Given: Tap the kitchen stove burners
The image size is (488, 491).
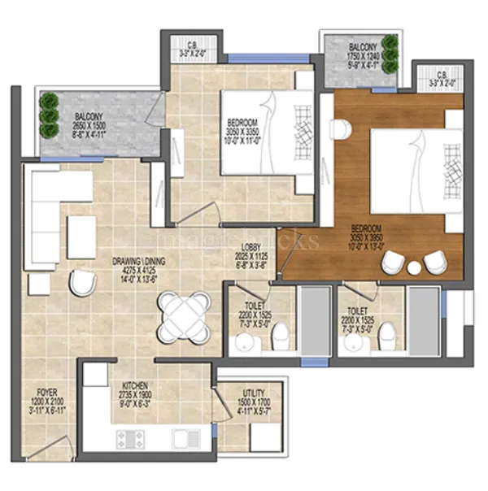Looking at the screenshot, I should pos(129,440).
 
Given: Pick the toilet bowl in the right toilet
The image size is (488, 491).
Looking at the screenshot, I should pos(387,333).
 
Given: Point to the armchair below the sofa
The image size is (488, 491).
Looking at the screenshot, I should pos(82,282).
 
